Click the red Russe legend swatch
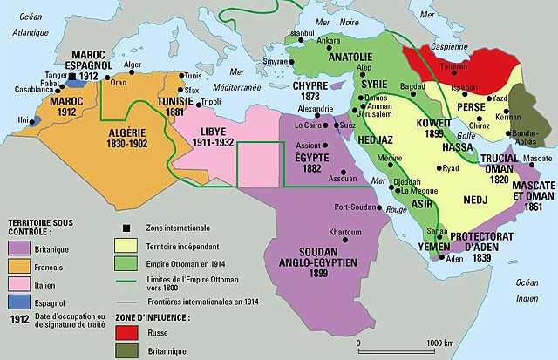click(126, 331)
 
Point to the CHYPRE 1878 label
click(307, 92)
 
